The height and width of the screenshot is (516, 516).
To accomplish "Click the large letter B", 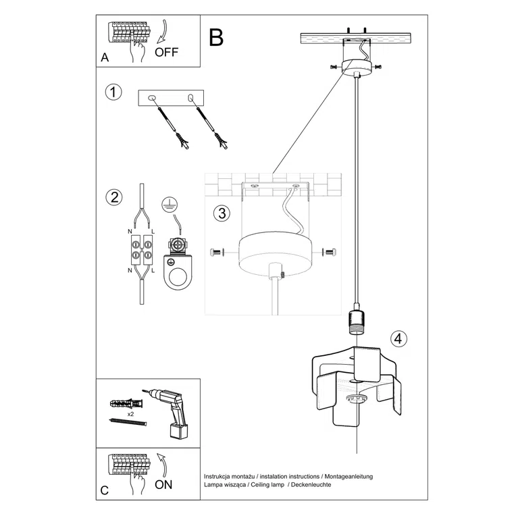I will pyautogui.click(x=215, y=38).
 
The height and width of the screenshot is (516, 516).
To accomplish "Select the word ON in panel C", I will pyautogui.click(x=163, y=484).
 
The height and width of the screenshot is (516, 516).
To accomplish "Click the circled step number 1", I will pyautogui.click(x=114, y=93).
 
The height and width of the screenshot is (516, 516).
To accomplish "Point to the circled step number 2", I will pyautogui.click(x=114, y=197).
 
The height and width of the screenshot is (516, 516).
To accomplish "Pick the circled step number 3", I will pyautogui.click(x=220, y=213).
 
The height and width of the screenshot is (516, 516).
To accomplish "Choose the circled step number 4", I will pyautogui.click(x=398, y=339).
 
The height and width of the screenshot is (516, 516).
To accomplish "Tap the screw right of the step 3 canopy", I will pyautogui.click(x=330, y=253).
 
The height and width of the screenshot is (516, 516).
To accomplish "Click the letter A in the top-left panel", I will pyautogui.click(x=105, y=58).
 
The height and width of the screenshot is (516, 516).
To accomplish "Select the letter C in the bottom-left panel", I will pyautogui.click(x=105, y=490).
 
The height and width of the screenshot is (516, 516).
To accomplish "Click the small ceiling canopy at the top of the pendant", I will pyautogui.click(x=356, y=66).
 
